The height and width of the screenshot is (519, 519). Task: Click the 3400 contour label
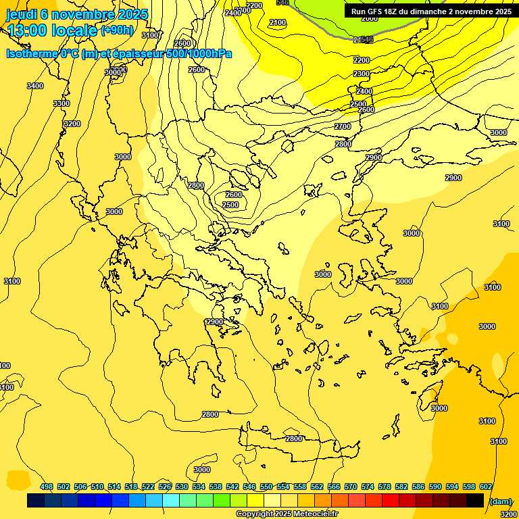point(35,86)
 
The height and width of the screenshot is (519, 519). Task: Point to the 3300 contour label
point(61,103)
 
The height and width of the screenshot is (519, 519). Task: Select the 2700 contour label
point(343,126)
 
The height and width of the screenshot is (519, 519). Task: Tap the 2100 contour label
point(278,22)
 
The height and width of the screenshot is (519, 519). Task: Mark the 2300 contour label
point(362,74)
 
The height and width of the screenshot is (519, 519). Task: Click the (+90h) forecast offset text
point(117,30)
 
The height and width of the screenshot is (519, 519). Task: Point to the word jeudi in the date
point(22,14)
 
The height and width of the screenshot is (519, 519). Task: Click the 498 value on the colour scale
point(47,487)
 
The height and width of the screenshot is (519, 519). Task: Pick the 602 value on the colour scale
point(486,487)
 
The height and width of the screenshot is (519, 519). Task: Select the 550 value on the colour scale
point(266,487)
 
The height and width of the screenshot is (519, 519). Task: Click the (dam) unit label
point(499,501)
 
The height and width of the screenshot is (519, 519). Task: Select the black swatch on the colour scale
point(475,500)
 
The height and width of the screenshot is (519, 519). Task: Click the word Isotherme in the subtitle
point(31,53)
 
